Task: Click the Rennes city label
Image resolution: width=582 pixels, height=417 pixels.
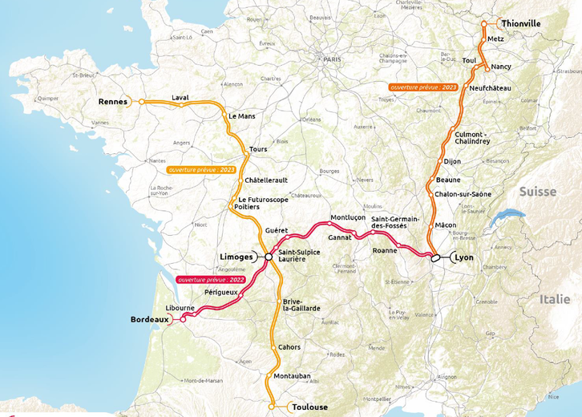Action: pos(113,102)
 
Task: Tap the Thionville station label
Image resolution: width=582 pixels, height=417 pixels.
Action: pos(521,24)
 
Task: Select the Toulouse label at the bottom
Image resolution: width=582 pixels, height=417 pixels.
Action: pos(309,407)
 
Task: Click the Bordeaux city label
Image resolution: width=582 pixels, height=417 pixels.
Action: pos(150,319)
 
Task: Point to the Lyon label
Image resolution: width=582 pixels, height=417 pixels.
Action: pos(464,257)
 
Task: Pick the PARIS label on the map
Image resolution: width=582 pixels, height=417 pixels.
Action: pos(332,59)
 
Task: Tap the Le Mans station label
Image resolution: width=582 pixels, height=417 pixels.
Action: pos(241,115)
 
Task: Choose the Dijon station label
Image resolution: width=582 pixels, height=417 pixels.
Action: pos(452,161)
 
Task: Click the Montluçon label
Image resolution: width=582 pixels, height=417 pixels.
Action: pos(348,217)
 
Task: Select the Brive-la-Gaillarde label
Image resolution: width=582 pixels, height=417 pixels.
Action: pos(301,305)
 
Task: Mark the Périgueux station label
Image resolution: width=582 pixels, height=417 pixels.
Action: pos(221,293)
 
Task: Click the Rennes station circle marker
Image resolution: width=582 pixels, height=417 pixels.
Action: pos(142,102)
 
